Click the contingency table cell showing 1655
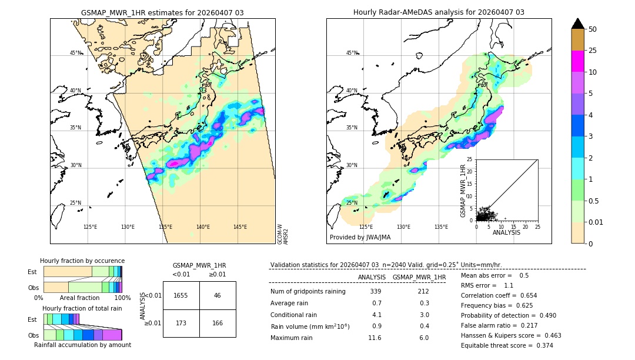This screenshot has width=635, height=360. [x=181, y=295]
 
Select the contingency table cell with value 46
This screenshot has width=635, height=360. [x=218, y=295]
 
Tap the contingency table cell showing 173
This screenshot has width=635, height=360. [x=181, y=323]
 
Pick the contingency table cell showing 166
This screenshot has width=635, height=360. [x=218, y=323]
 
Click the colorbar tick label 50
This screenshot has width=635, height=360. [x=593, y=29]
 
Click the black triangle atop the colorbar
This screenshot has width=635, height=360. [x=578, y=24]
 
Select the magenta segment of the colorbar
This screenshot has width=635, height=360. [x=578, y=61]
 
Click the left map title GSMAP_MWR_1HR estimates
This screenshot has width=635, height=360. [x=162, y=12]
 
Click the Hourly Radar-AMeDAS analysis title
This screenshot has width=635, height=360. [x=439, y=12]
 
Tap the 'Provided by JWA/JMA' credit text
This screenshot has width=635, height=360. [x=360, y=238]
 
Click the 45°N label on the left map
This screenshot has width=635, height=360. [x=76, y=53]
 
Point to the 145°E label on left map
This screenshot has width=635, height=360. [x=240, y=227]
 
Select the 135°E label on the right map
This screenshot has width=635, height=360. [x=441, y=227]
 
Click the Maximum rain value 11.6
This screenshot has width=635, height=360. [x=375, y=338]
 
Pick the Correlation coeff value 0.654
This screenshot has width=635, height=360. [x=525, y=295]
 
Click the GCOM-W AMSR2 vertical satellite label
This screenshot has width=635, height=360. [x=282, y=234]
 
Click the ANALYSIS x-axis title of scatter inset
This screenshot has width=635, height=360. [x=506, y=232]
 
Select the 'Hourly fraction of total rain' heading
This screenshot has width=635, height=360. [x=82, y=308]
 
